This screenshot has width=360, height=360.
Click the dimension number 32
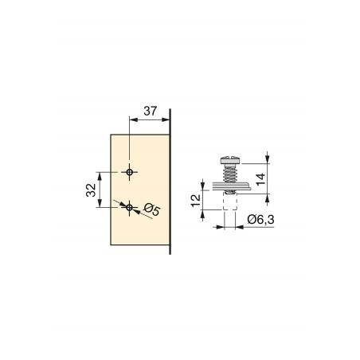point(91,190)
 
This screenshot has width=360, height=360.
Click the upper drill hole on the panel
point(129,172)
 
